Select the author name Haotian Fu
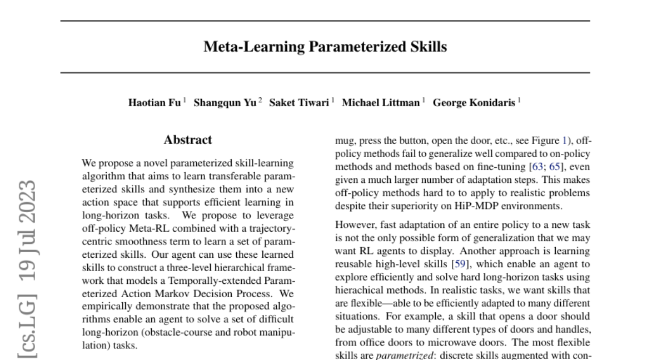(x=154, y=103)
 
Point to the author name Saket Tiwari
(x=298, y=103)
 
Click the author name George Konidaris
(x=474, y=103)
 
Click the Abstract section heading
(x=188, y=140)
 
